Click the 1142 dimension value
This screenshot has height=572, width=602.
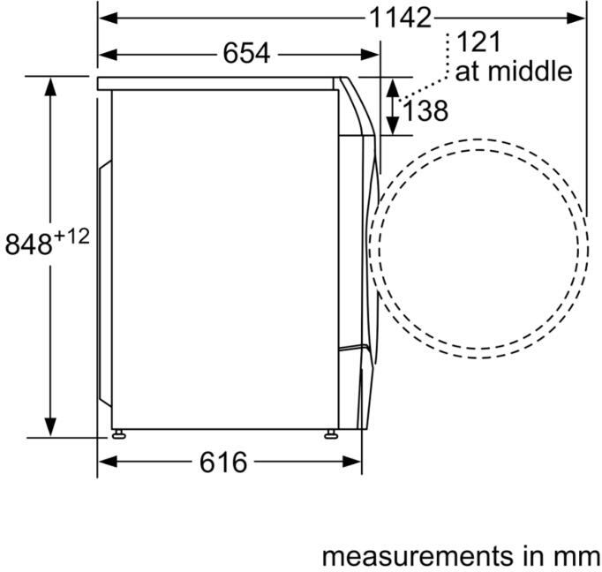pyautogui.click(x=400, y=18)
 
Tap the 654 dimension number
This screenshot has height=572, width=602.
pyautogui.click(x=246, y=53)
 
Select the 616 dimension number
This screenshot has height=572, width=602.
pyautogui.click(x=223, y=463)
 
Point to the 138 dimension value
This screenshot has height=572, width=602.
pyautogui.click(x=425, y=111)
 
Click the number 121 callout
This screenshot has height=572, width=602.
pyautogui.click(x=479, y=42)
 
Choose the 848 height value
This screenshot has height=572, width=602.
pyautogui.click(x=28, y=245)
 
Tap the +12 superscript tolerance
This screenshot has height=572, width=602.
pyautogui.click(x=71, y=236)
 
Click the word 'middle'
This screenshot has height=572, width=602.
pyautogui.click(x=530, y=71)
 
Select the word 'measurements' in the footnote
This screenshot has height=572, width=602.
pyautogui.click(x=417, y=555)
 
